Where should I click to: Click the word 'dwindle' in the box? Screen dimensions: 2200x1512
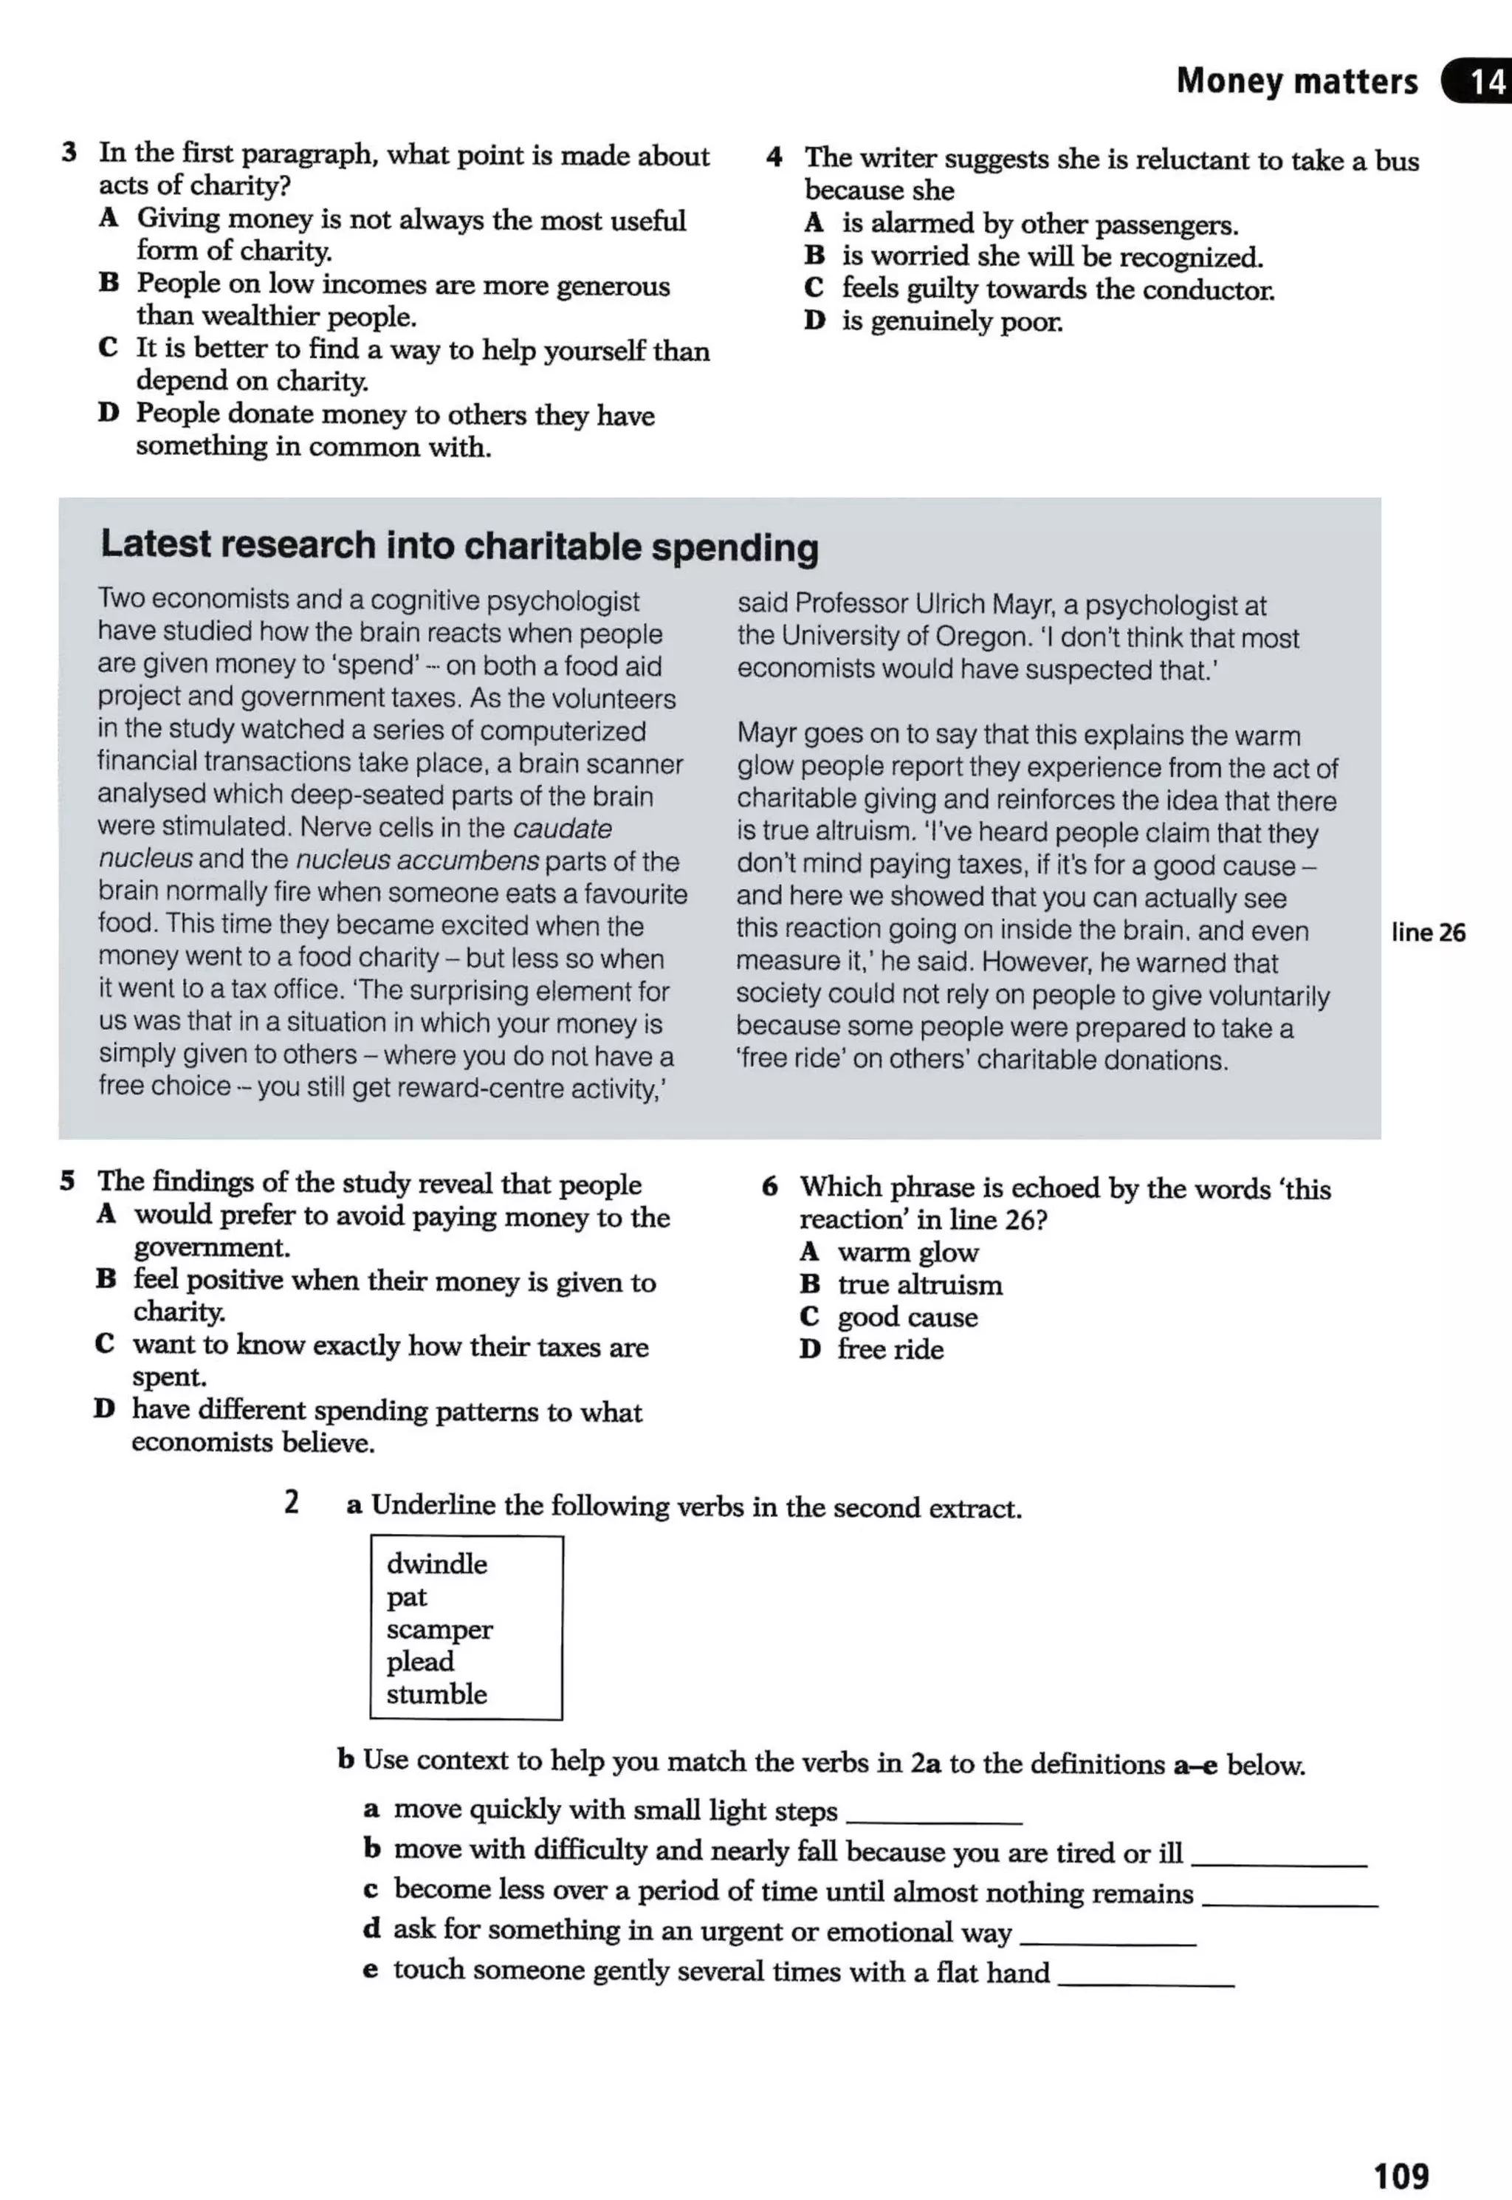pyautogui.click(x=437, y=1563)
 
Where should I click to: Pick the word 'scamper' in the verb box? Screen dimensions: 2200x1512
pyautogui.click(x=439, y=1630)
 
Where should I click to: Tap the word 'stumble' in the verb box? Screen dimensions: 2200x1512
pyautogui.click(x=437, y=1694)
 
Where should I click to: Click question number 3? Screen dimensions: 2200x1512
pyautogui.click(x=69, y=153)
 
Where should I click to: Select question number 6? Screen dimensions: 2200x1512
pyautogui.click(x=769, y=1186)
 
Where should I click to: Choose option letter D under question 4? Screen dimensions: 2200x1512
pyautogui.click(x=814, y=321)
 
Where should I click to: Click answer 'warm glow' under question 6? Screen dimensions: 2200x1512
pyautogui.click(x=907, y=1253)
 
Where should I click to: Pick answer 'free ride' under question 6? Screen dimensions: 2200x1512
pyautogui.click(x=890, y=1349)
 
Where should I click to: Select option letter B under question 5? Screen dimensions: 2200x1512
pyautogui.click(x=106, y=1279)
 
